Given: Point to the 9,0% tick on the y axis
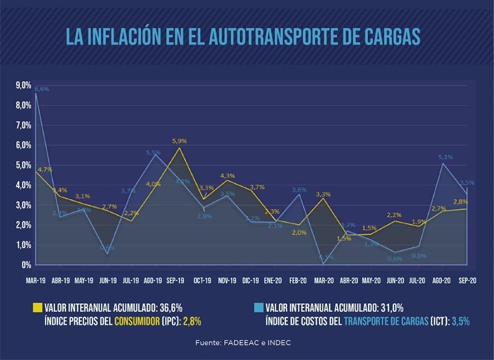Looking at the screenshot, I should pyautogui.click(x=23, y=85).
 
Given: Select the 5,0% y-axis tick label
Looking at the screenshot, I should pyautogui.click(x=23, y=165).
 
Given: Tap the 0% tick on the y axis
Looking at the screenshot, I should pyautogui.click(x=26, y=265).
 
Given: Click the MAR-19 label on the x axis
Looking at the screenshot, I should pyautogui.click(x=36, y=280).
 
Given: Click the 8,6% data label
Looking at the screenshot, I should pyautogui.click(x=41, y=89).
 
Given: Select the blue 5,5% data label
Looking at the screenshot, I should pyautogui.click(x=153, y=153).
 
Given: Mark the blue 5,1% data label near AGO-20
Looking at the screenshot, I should pyautogui.click(x=445, y=157).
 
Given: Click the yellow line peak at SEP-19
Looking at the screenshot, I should pyautogui.click(x=179, y=148).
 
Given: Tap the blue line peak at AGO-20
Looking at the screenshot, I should pyautogui.click(x=443, y=163).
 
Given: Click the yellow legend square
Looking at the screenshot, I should pyautogui.click(x=36, y=307).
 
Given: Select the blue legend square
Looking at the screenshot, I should pyautogui.click(x=258, y=307).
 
